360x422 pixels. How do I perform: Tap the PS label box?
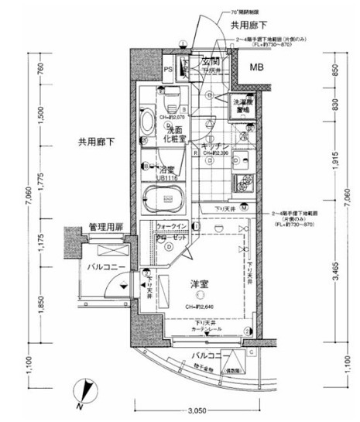pyautogui.click(x=168, y=70)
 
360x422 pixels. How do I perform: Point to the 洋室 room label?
pyautogui.click(x=200, y=283)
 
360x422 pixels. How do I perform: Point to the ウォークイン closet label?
pyautogui.click(x=170, y=226)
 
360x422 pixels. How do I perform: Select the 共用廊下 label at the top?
pyautogui.click(x=249, y=26)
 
